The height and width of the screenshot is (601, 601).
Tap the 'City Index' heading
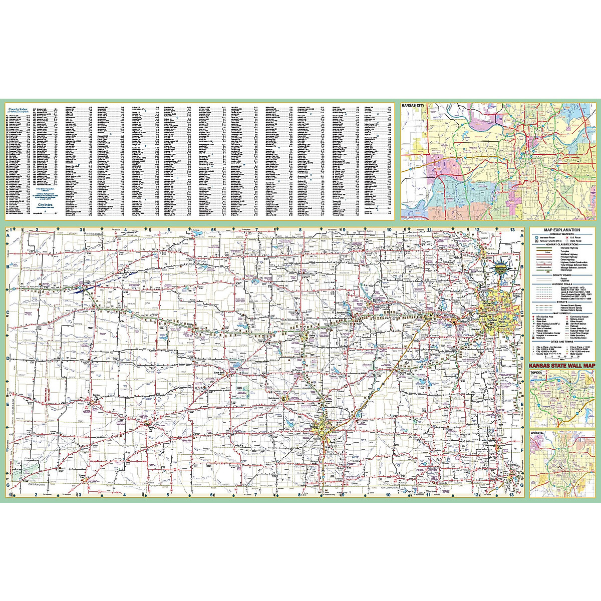click(x=45, y=205)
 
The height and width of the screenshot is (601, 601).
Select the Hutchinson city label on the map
click(x=276, y=395)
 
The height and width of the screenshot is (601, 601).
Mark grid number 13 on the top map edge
click(x=512, y=230)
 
